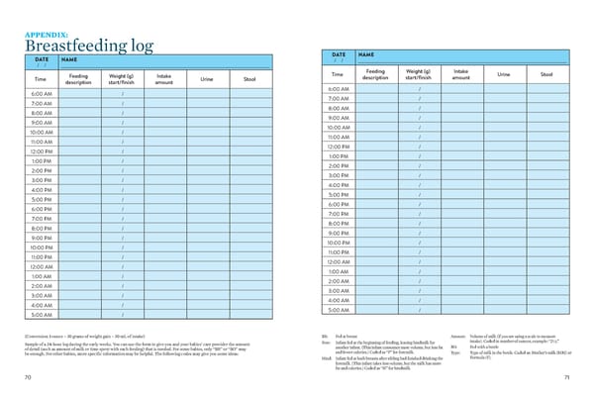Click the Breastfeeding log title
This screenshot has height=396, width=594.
pyautogui.click(x=88, y=47)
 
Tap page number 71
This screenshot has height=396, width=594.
pyautogui.click(x=566, y=377)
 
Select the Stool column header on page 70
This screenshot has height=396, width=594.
pyautogui.click(x=249, y=80)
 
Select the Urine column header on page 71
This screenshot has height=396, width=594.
pyautogui.click(x=504, y=74)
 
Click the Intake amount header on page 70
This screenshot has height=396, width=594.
pyautogui.click(x=164, y=80)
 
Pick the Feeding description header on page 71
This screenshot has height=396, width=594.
pyautogui.click(x=375, y=74)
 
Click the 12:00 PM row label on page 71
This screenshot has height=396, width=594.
pyautogui.click(x=340, y=147)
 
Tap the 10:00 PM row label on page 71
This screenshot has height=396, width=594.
pyautogui.click(x=340, y=243)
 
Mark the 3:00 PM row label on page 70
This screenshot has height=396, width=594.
pyautogui.click(x=41, y=180)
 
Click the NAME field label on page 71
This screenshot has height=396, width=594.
pyautogui.click(x=366, y=54)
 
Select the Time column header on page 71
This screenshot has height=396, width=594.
pyautogui.click(x=339, y=74)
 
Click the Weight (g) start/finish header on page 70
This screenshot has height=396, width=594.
pyautogui.click(x=122, y=80)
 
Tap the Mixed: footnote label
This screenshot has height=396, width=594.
pyautogui.click(x=326, y=357)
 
